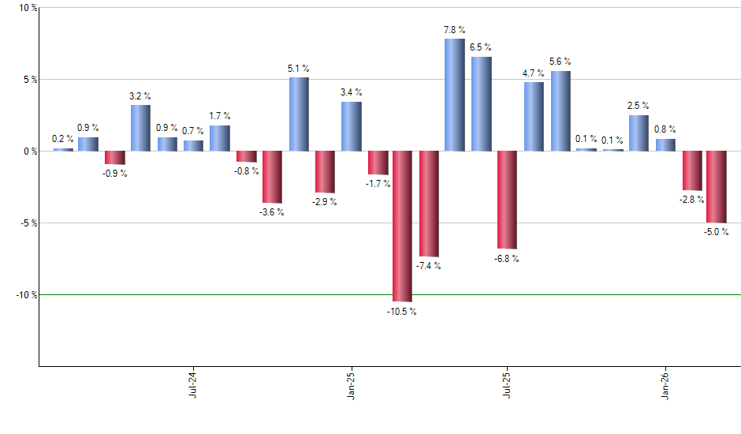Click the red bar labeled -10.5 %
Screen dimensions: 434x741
[402, 226]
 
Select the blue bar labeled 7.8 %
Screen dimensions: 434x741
[455, 95]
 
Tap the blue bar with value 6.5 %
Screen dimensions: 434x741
[481, 103]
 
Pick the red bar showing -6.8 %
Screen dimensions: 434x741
[507, 200]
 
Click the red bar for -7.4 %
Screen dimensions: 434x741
[429, 204]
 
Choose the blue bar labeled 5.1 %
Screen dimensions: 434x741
[299, 114]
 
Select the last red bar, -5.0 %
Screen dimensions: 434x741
[716, 186]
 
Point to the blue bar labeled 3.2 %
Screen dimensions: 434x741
[140, 128]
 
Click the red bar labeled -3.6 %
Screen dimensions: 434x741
[272, 177]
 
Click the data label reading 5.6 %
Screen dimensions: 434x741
[560, 62]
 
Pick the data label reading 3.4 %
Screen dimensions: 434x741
[351, 92]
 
